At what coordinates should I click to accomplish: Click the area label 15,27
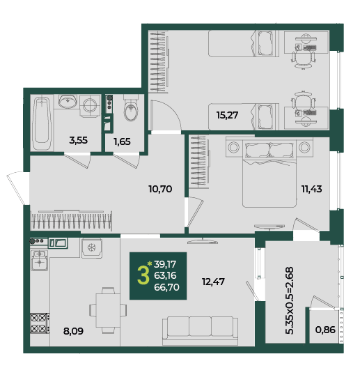tap(227, 115)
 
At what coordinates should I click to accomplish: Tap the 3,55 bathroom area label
tap(78, 140)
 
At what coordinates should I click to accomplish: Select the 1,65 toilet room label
tap(122, 141)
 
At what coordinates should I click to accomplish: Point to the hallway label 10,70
tap(160, 189)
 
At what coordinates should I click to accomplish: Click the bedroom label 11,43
tap(311, 189)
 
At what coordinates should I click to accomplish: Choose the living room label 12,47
tap(213, 282)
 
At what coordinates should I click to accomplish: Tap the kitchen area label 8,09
tap(73, 331)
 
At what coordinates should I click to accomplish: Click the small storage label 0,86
tap(325, 330)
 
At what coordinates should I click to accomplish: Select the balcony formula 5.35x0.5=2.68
tap(290, 300)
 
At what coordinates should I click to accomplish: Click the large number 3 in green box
tap(143, 276)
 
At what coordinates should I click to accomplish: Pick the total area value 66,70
tap(166, 287)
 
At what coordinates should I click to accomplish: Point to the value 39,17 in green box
tap(165, 265)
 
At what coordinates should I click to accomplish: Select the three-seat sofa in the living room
tap(200, 331)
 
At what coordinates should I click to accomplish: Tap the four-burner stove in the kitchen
tap(40, 323)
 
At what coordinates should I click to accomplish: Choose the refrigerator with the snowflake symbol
tap(92, 248)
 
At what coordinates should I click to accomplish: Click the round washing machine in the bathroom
tap(90, 106)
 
